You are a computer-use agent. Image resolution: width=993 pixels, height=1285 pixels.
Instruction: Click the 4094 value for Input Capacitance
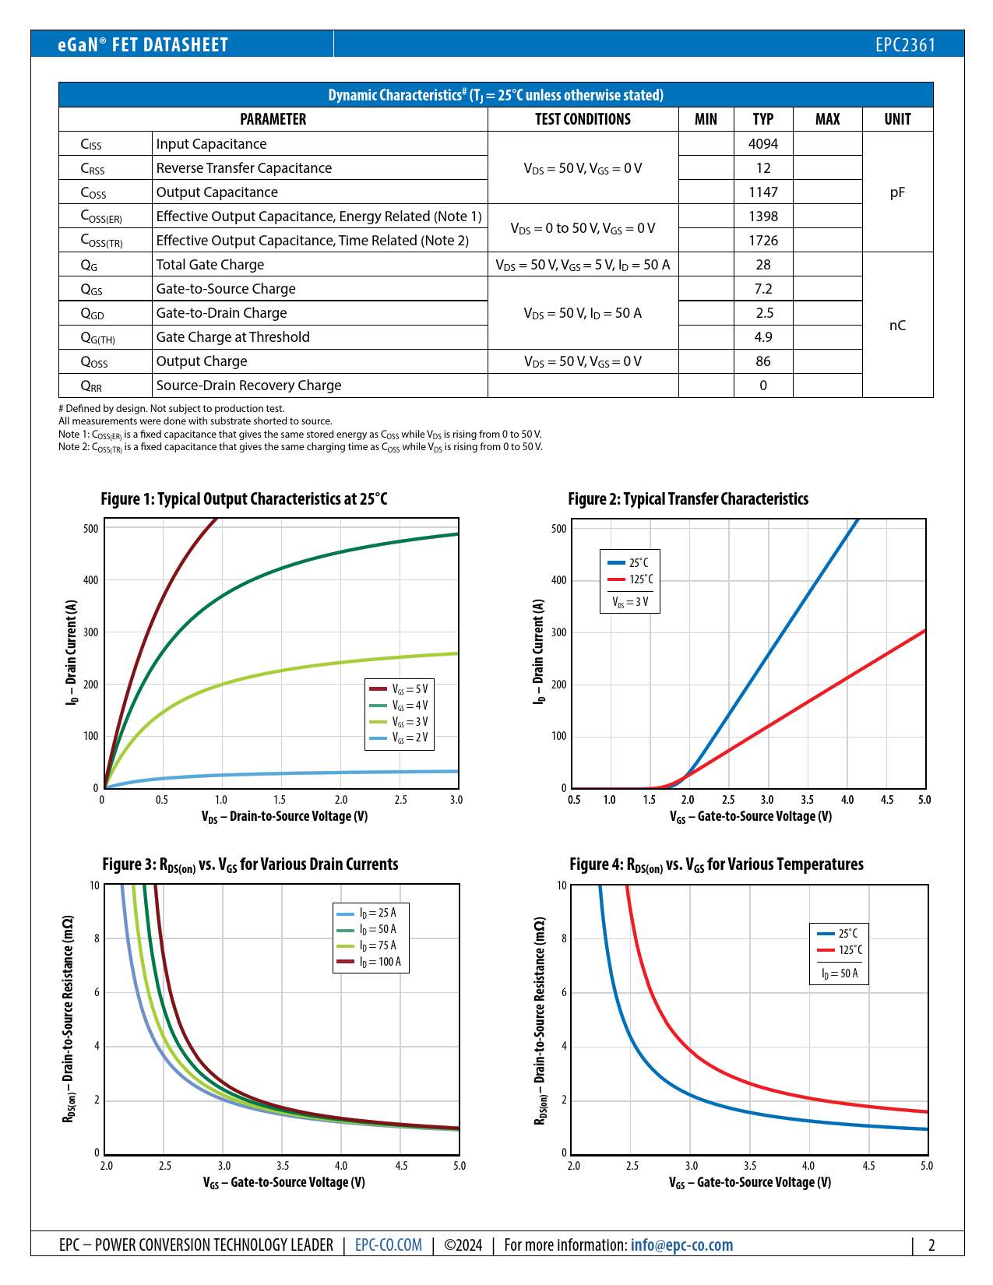coord(762,144)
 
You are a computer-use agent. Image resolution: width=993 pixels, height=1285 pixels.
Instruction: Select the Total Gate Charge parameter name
coord(210,265)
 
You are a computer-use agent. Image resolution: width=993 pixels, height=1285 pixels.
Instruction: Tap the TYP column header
coord(762,119)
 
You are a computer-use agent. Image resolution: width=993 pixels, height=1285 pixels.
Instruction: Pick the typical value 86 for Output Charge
coord(762,361)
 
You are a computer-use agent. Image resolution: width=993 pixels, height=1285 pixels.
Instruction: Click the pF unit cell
coord(897,192)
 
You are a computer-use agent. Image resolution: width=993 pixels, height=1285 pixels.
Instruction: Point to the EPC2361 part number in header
coord(905,45)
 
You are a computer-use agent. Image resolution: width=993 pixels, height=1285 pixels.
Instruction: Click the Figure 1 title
coord(244,499)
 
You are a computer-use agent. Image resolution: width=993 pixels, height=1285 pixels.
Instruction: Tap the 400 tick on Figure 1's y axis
coord(91,580)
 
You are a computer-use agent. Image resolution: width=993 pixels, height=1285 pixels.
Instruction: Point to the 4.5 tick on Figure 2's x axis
coord(887,800)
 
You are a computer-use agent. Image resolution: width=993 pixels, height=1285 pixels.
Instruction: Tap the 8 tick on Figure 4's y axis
coord(564,938)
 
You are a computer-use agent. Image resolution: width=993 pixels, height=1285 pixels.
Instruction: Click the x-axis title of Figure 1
coord(284,817)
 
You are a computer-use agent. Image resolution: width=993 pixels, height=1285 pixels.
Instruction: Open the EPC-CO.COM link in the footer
coord(388,1245)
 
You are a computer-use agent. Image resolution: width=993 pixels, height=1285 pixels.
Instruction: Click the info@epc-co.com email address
coord(681,1245)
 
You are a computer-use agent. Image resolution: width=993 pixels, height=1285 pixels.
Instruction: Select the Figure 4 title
coord(717,864)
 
